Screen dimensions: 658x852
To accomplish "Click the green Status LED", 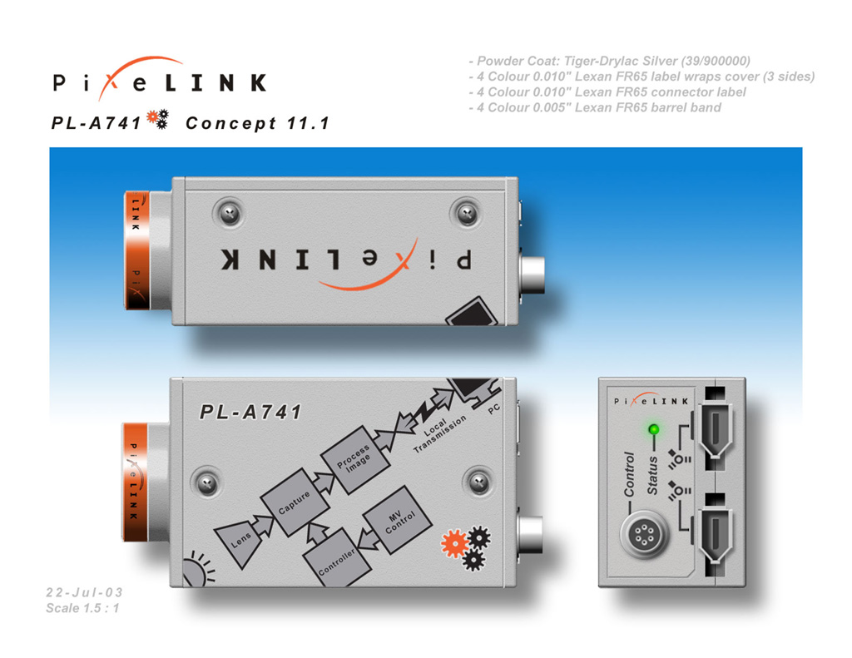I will (653, 430).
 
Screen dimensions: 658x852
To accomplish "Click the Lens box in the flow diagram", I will (240, 540).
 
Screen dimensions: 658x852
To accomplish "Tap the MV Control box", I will (396, 522).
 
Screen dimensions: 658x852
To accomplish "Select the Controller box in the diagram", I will (338, 561).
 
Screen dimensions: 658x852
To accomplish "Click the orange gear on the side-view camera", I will (454, 544).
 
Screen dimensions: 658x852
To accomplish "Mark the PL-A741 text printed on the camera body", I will (251, 412).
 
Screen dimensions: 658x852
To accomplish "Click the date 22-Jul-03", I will (84, 592).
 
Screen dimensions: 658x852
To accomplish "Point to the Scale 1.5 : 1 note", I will (84, 608).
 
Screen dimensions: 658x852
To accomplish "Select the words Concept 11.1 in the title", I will (257, 123).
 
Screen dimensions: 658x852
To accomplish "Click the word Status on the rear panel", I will (653, 475).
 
